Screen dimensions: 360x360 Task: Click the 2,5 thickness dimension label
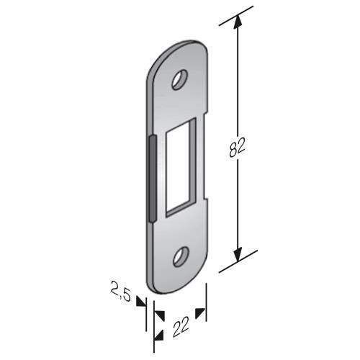click(x=121, y=291)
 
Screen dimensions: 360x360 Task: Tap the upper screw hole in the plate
click(x=179, y=80)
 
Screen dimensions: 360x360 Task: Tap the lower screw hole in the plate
click(x=181, y=256)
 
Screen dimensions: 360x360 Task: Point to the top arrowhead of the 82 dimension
click(x=238, y=23)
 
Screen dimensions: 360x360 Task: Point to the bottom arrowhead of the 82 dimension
click(x=238, y=254)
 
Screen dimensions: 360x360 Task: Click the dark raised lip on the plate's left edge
click(x=152, y=179)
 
